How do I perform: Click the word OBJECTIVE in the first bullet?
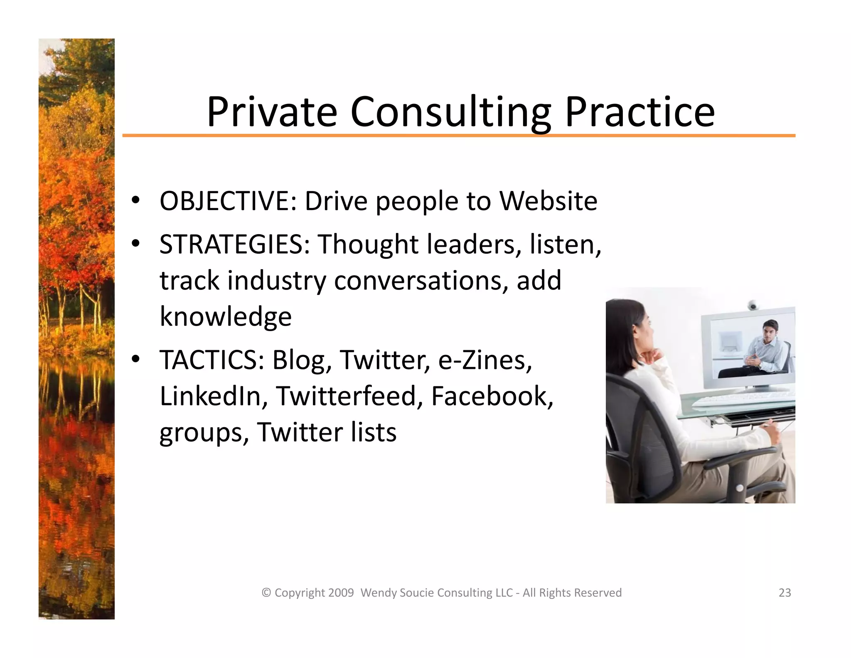point(228,201)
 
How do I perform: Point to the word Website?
point(548,201)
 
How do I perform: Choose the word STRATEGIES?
point(234,244)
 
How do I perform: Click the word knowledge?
point(226,317)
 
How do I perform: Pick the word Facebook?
point(492,396)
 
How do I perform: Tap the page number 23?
point(785,593)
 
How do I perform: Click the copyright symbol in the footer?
point(266,593)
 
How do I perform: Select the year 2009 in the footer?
point(341,593)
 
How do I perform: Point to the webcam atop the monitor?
point(752,305)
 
